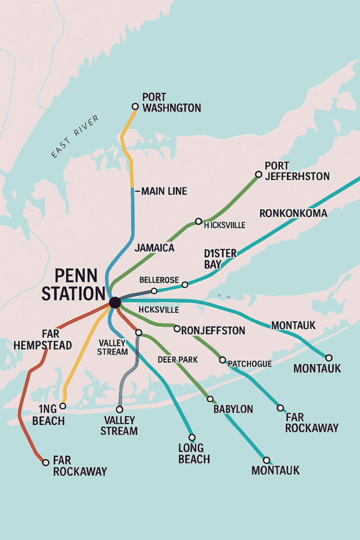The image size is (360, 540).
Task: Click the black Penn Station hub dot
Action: tap(114, 303)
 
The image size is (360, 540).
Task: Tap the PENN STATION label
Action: tap(73, 285)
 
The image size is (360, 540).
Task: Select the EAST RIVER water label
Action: tap(75, 136)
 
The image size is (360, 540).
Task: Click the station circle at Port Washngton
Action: tap(135, 107)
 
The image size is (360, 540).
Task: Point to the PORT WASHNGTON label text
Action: tap(171, 103)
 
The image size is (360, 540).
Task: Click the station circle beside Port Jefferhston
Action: tap(258, 174)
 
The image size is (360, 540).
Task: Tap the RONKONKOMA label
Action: tap(293, 213)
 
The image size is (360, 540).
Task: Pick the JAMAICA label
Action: tap(154, 248)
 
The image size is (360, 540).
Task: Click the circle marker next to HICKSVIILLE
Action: tap(198, 221)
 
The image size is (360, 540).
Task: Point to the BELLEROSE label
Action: tap(159, 280)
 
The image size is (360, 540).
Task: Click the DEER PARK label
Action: tap(177, 360)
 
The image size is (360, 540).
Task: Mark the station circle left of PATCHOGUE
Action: tap(223, 360)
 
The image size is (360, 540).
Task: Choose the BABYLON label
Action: tap(233, 409)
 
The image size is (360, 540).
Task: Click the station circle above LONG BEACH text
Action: tap(192, 437)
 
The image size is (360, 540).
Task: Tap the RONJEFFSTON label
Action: tap(213, 330)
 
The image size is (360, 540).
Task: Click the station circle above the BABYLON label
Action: tap(210, 399)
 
